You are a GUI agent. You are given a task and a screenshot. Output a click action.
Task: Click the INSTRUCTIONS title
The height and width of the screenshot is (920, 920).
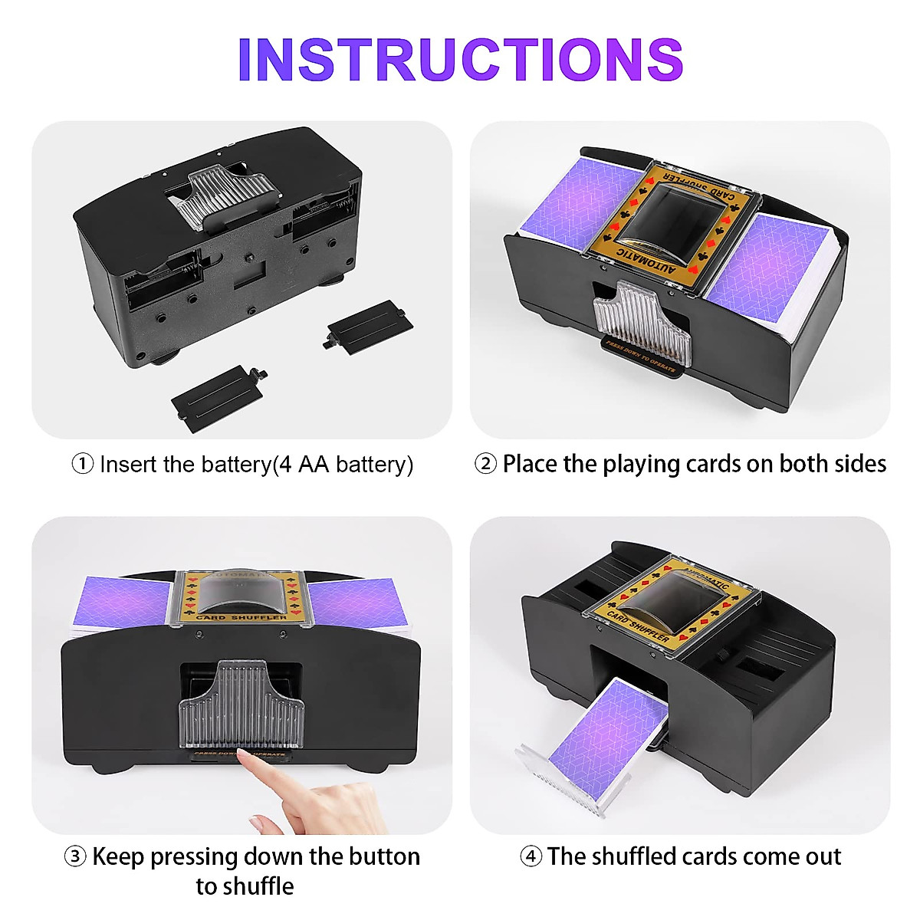point(460,59)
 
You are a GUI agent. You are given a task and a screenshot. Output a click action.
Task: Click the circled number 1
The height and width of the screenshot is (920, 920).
point(82,464)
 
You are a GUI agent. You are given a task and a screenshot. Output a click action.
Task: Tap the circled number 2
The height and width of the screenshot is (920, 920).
point(485,464)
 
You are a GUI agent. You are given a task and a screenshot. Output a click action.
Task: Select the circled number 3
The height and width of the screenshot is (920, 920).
point(74,856)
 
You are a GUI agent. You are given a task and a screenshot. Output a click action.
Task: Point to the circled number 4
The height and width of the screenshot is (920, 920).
point(531,856)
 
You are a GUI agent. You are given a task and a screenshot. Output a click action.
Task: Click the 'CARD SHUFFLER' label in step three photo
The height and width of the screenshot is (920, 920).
point(241,616)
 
